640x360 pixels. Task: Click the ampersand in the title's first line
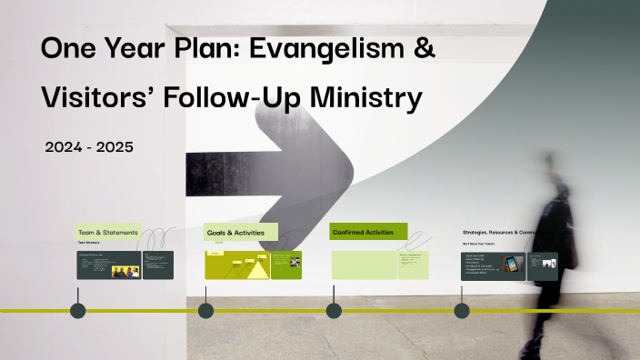click(423, 51)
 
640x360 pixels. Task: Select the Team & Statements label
click(108, 233)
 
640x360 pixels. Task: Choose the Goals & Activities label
click(235, 233)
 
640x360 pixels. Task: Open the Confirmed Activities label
click(364, 233)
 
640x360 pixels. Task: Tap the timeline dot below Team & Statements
click(78, 311)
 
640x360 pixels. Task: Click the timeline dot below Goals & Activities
click(206, 311)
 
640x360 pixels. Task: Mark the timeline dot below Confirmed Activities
click(334, 311)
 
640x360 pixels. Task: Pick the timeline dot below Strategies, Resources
click(462, 311)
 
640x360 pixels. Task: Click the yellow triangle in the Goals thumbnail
click(258, 269)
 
